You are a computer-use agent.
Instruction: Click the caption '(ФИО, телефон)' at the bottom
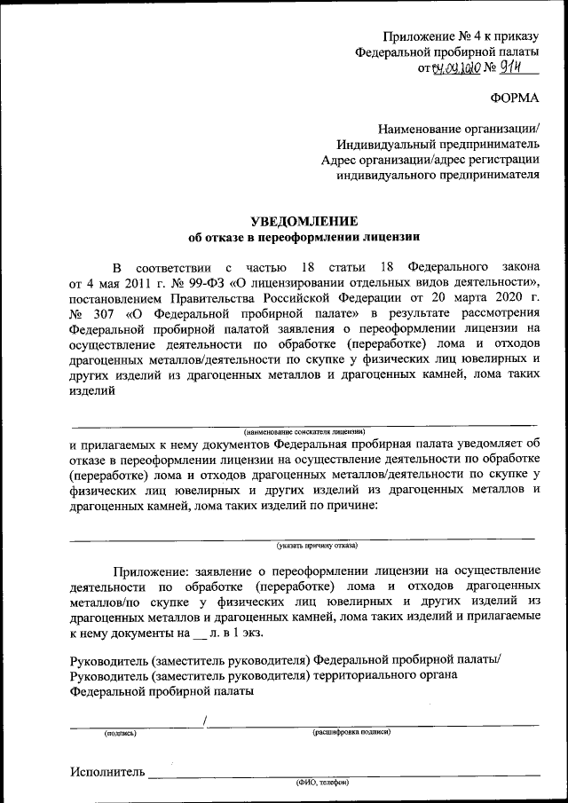click(x=322, y=783)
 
